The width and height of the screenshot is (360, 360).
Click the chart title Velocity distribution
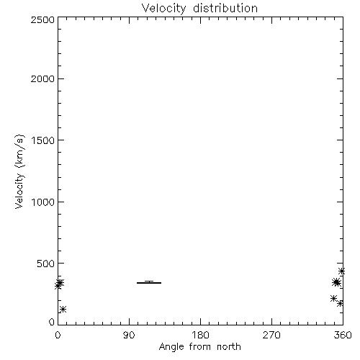tap(199, 9)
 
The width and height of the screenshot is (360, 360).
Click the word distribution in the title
tap(225, 8)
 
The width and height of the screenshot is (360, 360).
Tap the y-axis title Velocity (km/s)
tap(19, 171)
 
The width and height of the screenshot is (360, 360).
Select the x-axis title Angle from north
tap(199, 347)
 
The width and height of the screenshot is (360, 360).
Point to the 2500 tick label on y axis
tap(42, 19)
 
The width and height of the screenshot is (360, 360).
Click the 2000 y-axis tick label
tap(42, 78)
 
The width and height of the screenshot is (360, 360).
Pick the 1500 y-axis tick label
tap(43, 140)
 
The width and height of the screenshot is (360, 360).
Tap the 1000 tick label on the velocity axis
tap(43, 202)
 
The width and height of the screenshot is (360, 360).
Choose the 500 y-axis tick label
tap(46, 264)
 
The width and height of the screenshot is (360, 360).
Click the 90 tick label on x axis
tap(129, 335)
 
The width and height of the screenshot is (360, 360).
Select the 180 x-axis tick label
tap(200, 335)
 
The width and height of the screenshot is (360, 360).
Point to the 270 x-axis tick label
tap(271, 335)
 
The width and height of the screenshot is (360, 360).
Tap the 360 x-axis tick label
tap(343, 335)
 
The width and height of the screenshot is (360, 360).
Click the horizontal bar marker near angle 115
tap(149, 283)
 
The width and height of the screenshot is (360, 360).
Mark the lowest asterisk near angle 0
tap(63, 309)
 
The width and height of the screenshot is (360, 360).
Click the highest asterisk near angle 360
tap(341, 271)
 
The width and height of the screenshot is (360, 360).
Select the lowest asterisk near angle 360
tap(340, 303)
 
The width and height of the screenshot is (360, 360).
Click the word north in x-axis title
tap(229, 346)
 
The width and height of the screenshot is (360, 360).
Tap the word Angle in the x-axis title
tap(171, 347)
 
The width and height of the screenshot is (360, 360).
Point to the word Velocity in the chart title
tap(163, 9)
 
